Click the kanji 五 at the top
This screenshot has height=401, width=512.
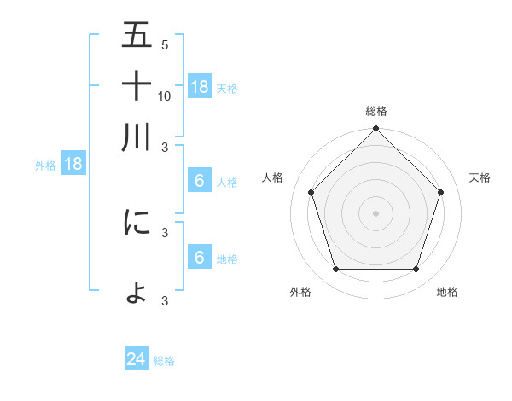coord(137,37)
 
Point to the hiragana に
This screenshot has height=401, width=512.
coord(137,223)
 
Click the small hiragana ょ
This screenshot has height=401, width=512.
coord(137,293)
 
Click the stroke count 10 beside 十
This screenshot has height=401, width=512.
coord(165,96)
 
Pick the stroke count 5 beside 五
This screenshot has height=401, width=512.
coord(164,45)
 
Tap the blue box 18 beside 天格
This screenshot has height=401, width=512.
coord(200,86)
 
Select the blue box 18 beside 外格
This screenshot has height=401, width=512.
coord(73,165)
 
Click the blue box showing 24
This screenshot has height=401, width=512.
coord(137,359)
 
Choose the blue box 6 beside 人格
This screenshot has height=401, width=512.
coord(200,181)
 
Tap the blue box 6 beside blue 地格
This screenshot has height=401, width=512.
coord(200,258)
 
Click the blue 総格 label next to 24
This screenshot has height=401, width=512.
coord(164,361)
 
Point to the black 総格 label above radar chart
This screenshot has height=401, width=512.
coord(376,111)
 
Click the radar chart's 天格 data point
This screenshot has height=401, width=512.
coord(441,192)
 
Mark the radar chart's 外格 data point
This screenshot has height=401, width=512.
coord(335,270)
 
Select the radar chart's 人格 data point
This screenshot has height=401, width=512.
coord(311,192)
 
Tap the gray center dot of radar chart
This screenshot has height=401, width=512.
coord(375,213)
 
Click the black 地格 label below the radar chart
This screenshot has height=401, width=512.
coord(447,293)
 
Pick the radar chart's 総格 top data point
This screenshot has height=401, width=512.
coord(375,130)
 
